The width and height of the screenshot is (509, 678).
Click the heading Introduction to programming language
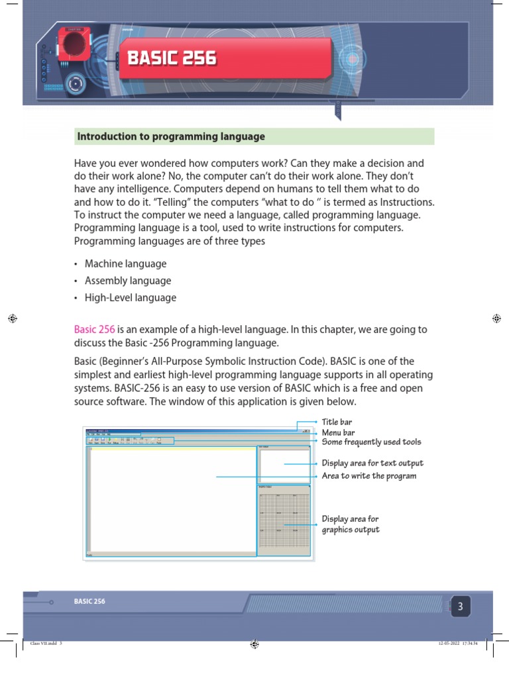[171, 137]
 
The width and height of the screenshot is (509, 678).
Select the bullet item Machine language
[125, 264]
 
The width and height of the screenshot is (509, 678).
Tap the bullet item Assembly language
[127, 281]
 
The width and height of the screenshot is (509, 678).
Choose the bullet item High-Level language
[130, 298]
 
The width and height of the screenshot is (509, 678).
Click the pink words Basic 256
[94, 330]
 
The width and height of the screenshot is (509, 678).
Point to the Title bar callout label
[337, 422]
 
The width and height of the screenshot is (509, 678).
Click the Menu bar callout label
[338, 432]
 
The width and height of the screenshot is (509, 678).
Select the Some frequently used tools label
[371, 442]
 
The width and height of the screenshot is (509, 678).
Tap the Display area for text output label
[372, 463]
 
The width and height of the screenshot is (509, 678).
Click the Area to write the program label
[369, 476]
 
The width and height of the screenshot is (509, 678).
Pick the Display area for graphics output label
[351, 524]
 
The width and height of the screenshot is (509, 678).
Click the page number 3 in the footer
[461, 606]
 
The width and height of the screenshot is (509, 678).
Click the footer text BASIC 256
[89, 602]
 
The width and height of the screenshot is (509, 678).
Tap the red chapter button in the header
[74, 44]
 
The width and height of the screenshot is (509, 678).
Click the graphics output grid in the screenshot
[283, 524]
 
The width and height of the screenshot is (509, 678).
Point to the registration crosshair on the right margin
[496, 318]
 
